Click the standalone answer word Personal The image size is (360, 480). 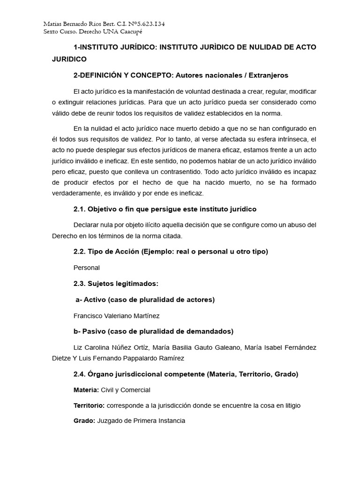87,268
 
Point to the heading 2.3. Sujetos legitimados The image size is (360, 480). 116,284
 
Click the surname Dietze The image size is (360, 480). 62,358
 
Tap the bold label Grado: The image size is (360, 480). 84,421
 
